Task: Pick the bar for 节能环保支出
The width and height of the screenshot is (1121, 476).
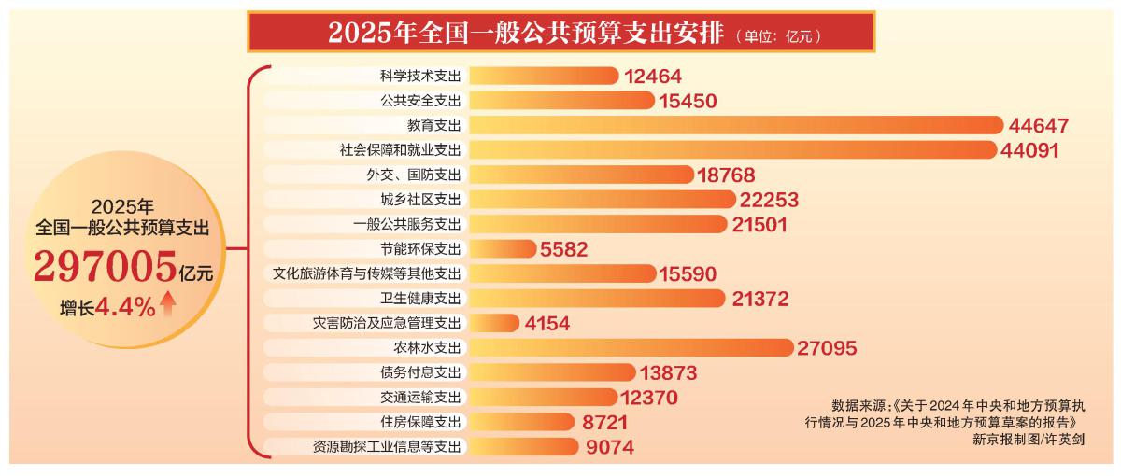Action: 502,248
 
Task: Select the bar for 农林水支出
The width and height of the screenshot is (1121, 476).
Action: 630,347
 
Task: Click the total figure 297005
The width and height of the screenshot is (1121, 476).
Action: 106,267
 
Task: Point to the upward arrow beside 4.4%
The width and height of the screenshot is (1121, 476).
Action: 168,305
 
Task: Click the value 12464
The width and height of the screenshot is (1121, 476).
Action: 652,76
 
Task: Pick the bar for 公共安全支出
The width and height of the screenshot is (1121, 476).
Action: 550,100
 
